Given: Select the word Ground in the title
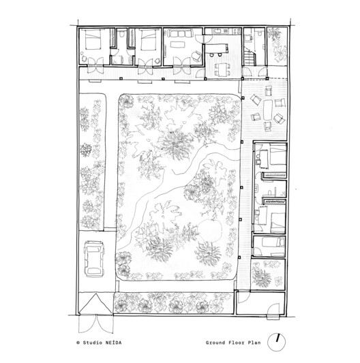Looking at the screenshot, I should (x=219, y=342).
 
